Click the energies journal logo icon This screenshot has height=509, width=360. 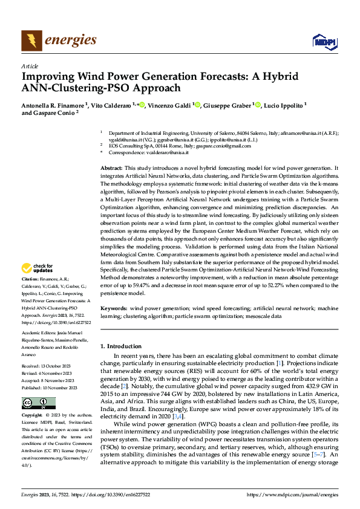(31, 41)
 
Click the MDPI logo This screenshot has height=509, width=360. (321, 41)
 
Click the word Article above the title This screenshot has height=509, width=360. (29, 67)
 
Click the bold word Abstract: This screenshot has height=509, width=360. (111, 167)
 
